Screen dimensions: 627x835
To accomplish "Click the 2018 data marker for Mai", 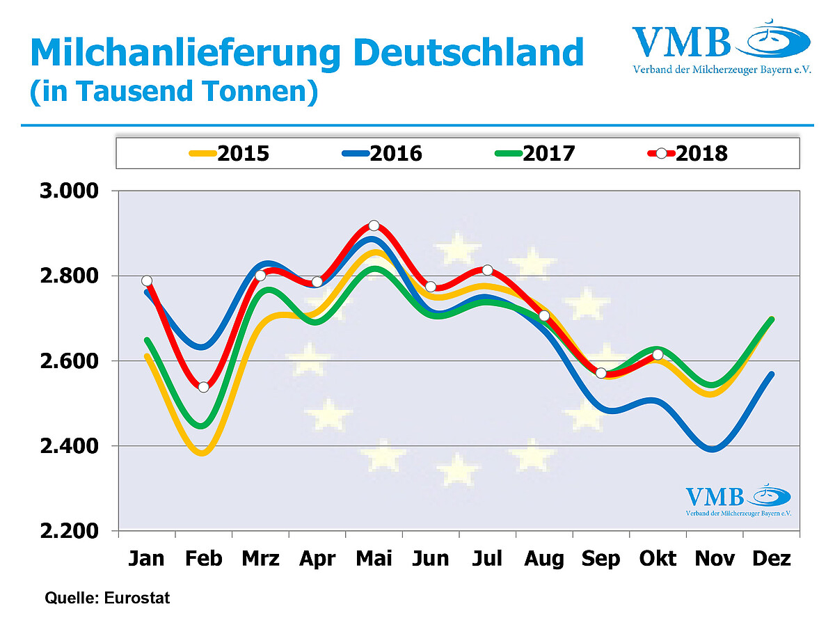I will point(374,225).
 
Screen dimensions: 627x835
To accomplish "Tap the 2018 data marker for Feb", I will point(203,387).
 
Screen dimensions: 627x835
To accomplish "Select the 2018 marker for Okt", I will point(658,355).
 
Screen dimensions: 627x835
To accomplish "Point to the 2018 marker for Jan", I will point(147,281).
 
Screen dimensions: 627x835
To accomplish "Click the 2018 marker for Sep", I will point(601,373).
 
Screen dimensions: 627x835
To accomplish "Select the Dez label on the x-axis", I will point(771,559).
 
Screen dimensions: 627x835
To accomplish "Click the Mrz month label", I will point(260,559).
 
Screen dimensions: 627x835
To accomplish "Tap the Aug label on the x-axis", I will point(544,559).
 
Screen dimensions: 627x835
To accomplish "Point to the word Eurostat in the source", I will point(138,598).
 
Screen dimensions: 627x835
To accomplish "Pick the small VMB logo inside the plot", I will point(738,500).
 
